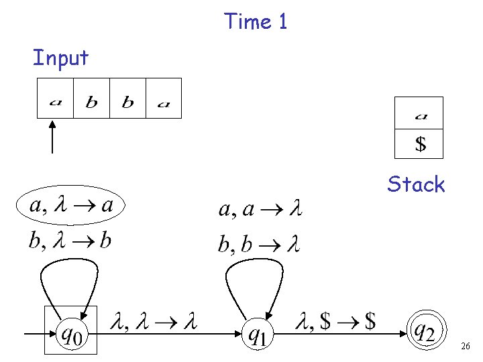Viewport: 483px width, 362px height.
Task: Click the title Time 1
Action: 256,21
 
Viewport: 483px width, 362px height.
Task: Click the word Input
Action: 60,58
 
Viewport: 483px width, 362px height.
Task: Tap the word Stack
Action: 416,184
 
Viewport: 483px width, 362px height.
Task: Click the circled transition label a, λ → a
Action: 72,205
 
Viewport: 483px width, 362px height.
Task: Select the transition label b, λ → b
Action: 70,241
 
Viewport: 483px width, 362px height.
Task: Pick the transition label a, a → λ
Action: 260,210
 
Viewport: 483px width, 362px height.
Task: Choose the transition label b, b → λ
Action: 259,244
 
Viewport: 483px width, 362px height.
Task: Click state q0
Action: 71,330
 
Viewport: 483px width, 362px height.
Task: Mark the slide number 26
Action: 466,347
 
